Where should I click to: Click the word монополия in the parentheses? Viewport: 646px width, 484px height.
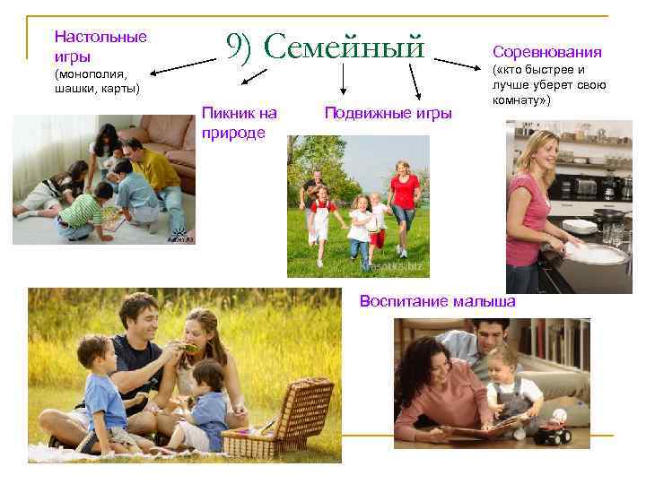(x=92, y=74)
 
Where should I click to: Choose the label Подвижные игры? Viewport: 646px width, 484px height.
(x=388, y=113)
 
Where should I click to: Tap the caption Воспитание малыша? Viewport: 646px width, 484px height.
(x=437, y=301)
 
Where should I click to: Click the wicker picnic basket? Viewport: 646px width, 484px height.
(x=280, y=419)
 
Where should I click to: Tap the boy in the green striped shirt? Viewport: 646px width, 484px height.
(x=86, y=213)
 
